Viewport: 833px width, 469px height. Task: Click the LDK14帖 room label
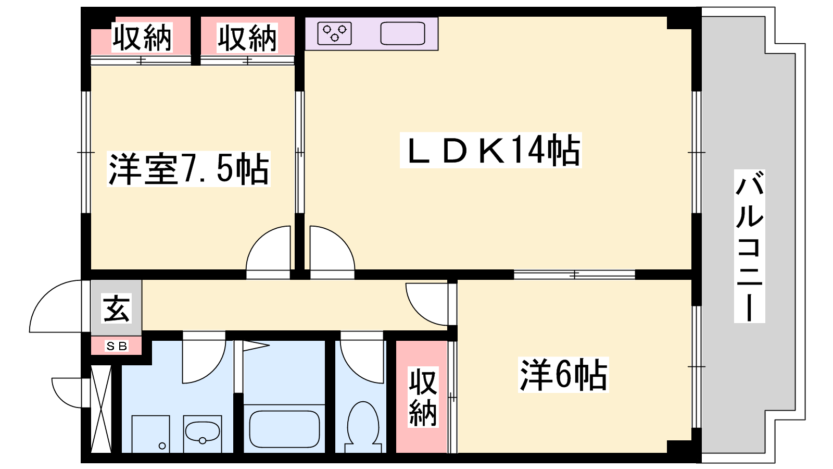click(x=491, y=150)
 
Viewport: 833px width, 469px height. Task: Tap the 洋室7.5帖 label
click(x=188, y=169)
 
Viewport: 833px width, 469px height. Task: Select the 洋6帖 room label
click(x=563, y=375)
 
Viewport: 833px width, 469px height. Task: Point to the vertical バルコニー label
click(x=749, y=246)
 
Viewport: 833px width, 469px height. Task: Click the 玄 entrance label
click(x=117, y=308)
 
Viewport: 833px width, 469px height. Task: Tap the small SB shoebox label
click(x=117, y=346)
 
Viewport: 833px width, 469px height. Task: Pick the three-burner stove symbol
click(x=334, y=33)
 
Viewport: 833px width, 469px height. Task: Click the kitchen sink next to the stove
click(x=402, y=33)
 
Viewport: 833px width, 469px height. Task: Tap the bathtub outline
click(x=284, y=429)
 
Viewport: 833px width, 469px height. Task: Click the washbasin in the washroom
click(x=203, y=431)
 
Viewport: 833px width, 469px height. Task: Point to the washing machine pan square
click(x=150, y=434)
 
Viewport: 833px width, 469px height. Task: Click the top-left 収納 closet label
click(x=142, y=37)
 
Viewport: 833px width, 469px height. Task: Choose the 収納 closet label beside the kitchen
click(x=247, y=37)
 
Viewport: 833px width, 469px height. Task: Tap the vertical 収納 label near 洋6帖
click(x=423, y=397)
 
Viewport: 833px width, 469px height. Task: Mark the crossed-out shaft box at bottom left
click(x=101, y=409)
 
